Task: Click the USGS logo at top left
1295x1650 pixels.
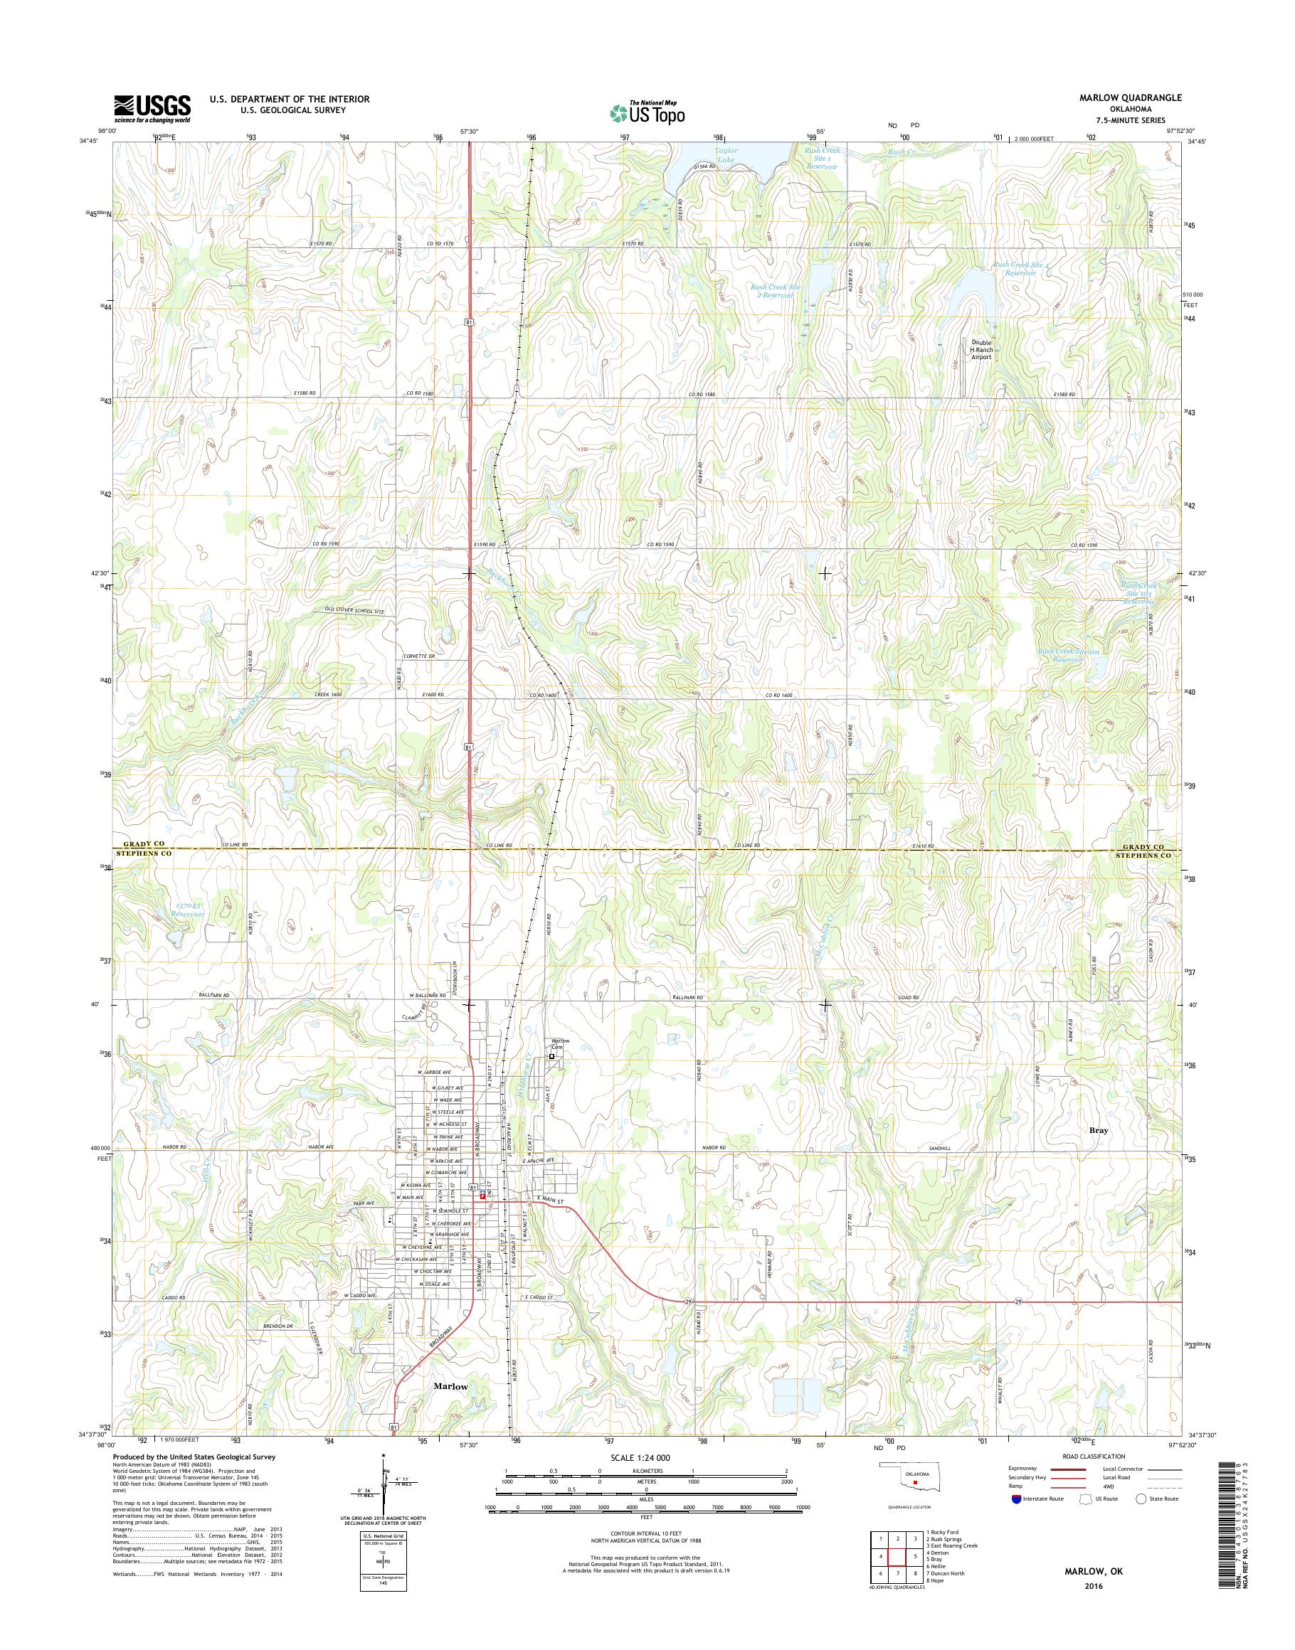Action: point(152,108)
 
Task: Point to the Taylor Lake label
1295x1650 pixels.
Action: point(726,155)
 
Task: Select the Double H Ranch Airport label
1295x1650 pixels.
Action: point(981,349)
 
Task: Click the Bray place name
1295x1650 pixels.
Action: point(1098,1151)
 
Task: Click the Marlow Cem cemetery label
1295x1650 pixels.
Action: point(559,1043)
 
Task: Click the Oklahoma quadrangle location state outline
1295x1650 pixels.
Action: point(916,1499)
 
